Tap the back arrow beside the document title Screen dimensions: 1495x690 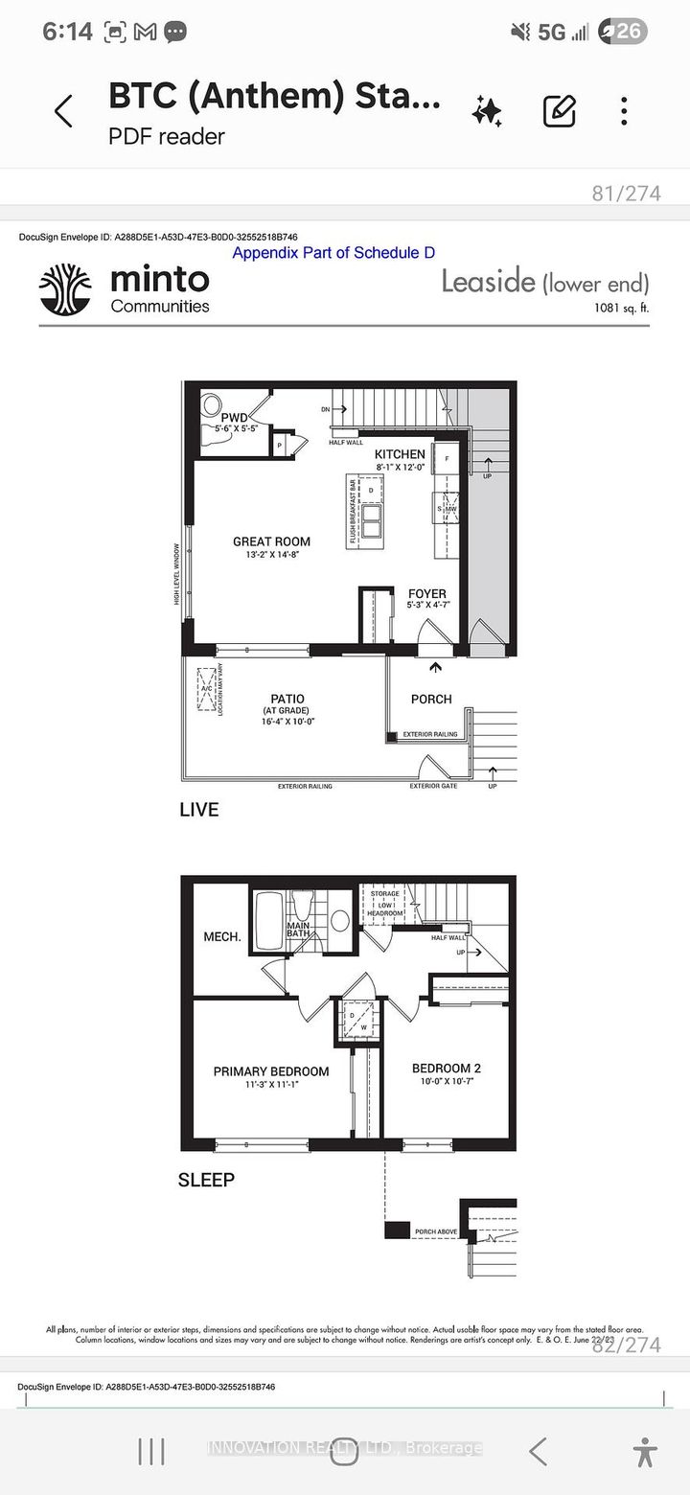pos(63,112)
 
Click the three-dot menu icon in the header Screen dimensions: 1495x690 pos(624,111)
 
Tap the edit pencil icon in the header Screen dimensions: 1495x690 pos(559,111)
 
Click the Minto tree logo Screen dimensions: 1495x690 pos(65,289)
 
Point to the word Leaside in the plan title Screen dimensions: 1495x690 pos(488,282)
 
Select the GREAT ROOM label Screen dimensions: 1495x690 pos(271,541)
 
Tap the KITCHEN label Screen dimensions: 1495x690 pos(400,454)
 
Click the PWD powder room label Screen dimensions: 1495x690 pos(234,418)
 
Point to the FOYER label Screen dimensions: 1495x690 pos(426,594)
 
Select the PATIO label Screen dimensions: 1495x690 pos(287,699)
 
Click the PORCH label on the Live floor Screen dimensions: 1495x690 pos(431,699)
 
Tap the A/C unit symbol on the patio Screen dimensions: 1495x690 pos(207,689)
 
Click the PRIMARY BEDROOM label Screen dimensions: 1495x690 pos(271,1071)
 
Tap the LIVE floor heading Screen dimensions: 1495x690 pos(199,810)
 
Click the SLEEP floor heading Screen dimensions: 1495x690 pos(206,1180)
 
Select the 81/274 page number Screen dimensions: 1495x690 pos(626,193)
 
